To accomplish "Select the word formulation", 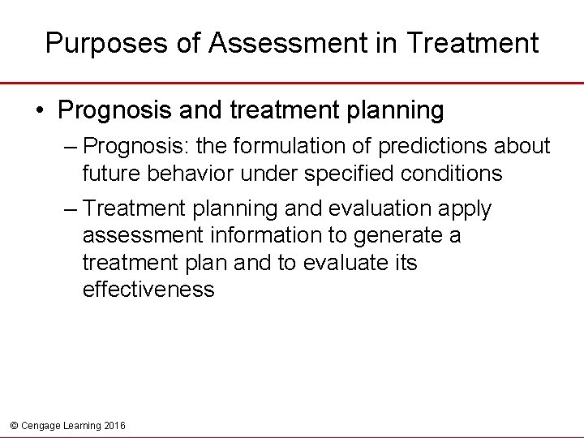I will click(x=303, y=146).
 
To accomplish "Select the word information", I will click(x=267, y=235).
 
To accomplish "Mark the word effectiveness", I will click(x=148, y=290).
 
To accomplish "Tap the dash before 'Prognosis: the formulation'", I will click(x=71, y=146).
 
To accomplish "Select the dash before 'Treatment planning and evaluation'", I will click(x=71, y=208).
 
